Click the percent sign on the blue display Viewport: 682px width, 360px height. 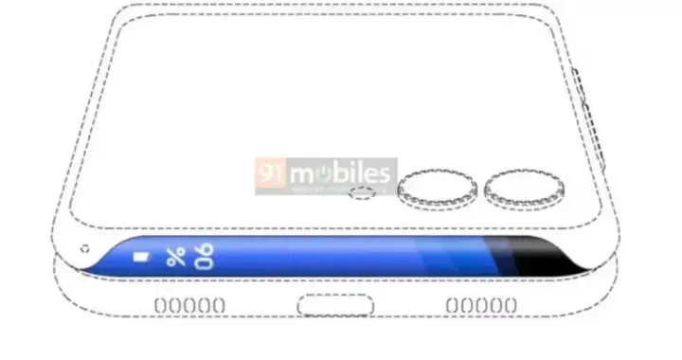point(175,256)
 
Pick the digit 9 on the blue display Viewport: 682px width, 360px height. point(206,249)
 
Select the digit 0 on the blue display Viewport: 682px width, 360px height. point(206,262)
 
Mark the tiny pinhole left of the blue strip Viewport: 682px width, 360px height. point(85,250)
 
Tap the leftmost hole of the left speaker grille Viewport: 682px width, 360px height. point(159,305)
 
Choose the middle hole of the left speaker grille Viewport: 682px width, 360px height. point(189,305)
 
